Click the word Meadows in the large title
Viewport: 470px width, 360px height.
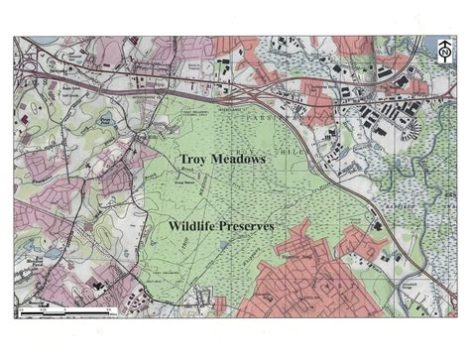[x=243, y=159]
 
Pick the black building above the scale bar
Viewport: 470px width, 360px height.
[x=98, y=286]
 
